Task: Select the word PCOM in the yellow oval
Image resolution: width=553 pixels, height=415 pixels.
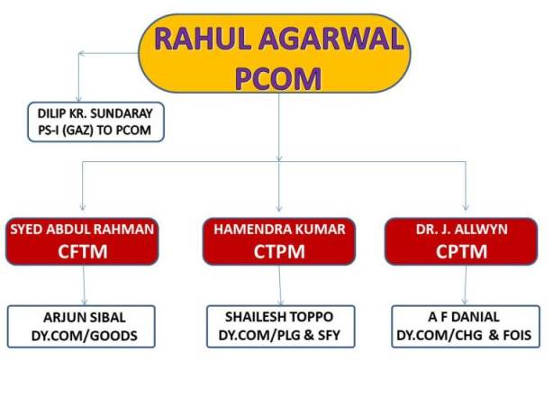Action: click(x=278, y=78)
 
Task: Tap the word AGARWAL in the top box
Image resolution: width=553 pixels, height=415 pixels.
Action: click(x=331, y=39)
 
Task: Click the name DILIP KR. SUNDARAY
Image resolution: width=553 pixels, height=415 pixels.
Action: click(x=95, y=113)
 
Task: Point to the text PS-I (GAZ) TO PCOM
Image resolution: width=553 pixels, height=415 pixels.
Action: click(x=95, y=131)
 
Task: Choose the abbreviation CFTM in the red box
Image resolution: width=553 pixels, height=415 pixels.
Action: click(x=83, y=251)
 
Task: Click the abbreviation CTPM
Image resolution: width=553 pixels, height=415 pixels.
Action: click(x=279, y=251)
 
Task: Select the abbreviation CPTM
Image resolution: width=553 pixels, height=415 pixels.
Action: click(x=461, y=251)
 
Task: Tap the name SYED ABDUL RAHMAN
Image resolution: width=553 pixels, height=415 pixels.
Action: click(x=82, y=230)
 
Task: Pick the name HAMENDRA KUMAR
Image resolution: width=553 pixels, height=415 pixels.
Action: click(x=279, y=230)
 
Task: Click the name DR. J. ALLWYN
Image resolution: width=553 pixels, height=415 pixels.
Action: click(x=462, y=230)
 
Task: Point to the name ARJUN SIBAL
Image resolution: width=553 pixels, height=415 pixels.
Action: click(x=85, y=318)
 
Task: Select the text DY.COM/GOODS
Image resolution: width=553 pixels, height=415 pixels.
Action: click(x=85, y=336)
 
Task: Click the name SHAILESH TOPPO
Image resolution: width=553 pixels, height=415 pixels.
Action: click(x=279, y=317)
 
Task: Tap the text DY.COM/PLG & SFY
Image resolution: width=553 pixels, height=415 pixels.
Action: click(x=279, y=335)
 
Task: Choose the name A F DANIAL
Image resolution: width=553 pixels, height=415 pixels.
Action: click(x=464, y=317)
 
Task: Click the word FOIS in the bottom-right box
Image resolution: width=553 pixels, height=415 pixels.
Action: click(x=517, y=335)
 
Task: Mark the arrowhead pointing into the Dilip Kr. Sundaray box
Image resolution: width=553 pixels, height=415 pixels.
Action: click(x=79, y=99)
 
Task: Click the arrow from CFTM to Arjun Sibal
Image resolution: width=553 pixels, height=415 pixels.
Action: click(x=84, y=284)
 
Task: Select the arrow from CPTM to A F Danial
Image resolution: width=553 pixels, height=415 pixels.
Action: click(x=465, y=284)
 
